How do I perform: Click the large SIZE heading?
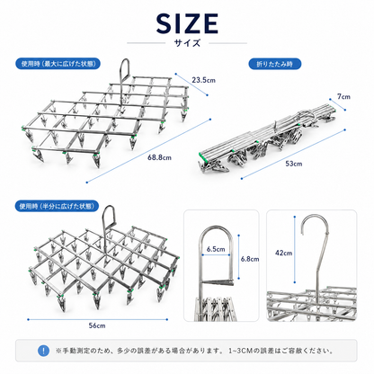(187, 23)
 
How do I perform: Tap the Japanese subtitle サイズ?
(187, 43)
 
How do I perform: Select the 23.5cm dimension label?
(203, 80)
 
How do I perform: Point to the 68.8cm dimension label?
(159, 157)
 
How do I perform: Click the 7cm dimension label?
(343, 96)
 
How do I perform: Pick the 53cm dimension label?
(294, 164)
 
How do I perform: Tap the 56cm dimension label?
(97, 325)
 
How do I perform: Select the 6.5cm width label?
(216, 249)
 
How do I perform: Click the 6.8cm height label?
(250, 259)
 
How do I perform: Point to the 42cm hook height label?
(283, 254)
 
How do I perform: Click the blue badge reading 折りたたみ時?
(274, 64)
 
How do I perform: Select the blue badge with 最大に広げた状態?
(58, 64)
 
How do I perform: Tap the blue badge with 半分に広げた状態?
(57, 206)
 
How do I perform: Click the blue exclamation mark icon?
(44, 351)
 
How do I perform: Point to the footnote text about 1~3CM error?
(194, 351)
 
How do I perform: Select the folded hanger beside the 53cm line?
(267, 137)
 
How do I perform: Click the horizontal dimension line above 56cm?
(98, 319)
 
